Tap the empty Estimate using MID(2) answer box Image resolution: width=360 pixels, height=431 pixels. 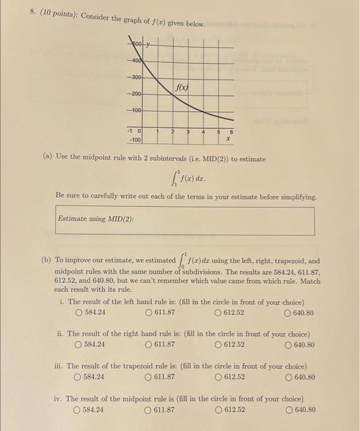pyautogui.click(x=185, y=220)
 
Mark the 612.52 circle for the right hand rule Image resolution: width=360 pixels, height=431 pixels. pyautogui.click(x=218, y=344)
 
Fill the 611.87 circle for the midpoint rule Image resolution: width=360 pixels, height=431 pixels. pyautogui.click(x=148, y=409)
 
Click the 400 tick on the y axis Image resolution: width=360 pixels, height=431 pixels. pyautogui.click(x=135, y=62)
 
